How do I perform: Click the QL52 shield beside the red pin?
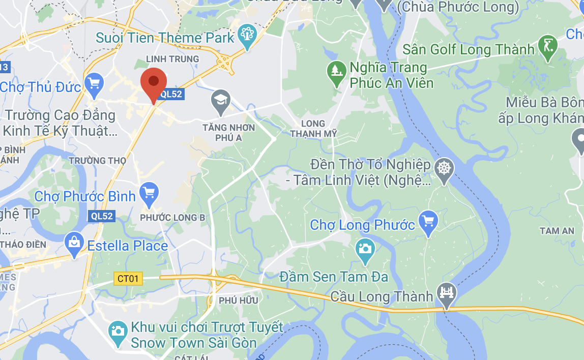point(170,94)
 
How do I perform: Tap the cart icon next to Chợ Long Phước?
point(429,222)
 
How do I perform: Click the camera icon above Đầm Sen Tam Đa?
point(365,249)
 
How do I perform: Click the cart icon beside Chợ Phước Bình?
point(149,193)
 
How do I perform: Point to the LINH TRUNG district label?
point(172,59)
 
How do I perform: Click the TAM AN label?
point(557,231)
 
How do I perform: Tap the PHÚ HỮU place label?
point(239,301)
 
